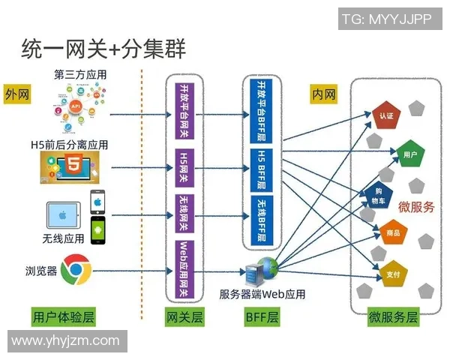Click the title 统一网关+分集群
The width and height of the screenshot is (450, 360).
tap(103, 49)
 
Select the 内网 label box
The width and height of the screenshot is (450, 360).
tap(323, 94)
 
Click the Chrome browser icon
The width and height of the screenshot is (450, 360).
tap(76, 268)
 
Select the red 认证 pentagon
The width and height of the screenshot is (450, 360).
tap(386, 116)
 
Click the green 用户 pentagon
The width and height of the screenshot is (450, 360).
tap(409, 154)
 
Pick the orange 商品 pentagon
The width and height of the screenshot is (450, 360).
tap(392, 233)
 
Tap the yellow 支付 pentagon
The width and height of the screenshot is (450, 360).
tap(391, 274)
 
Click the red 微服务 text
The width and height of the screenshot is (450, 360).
tap(415, 208)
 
